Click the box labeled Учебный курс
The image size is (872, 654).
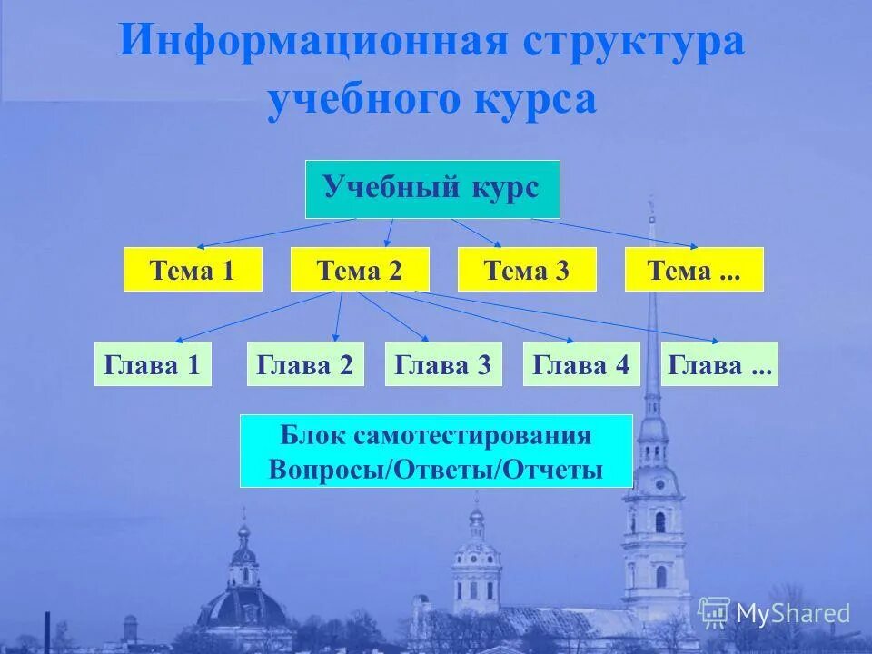[431, 189]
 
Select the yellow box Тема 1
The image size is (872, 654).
[192, 270]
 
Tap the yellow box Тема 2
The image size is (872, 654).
[360, 270]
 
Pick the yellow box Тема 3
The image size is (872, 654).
[527, 270]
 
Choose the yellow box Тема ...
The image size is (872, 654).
[694, 270]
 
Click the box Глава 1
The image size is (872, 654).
[153, 364]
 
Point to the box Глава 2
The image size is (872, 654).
[305, 364]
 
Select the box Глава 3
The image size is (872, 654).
[443, 364]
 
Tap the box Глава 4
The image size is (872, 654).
[581, 364]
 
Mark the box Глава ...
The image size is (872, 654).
[719, 364]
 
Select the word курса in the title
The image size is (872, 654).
[533, 100]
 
